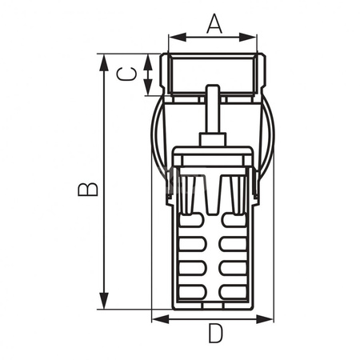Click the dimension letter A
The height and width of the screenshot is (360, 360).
(214, 24)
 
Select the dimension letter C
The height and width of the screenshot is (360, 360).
(126, 74)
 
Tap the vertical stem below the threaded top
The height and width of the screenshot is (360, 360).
(213, 116)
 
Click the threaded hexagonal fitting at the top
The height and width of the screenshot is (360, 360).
(213, 74)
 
